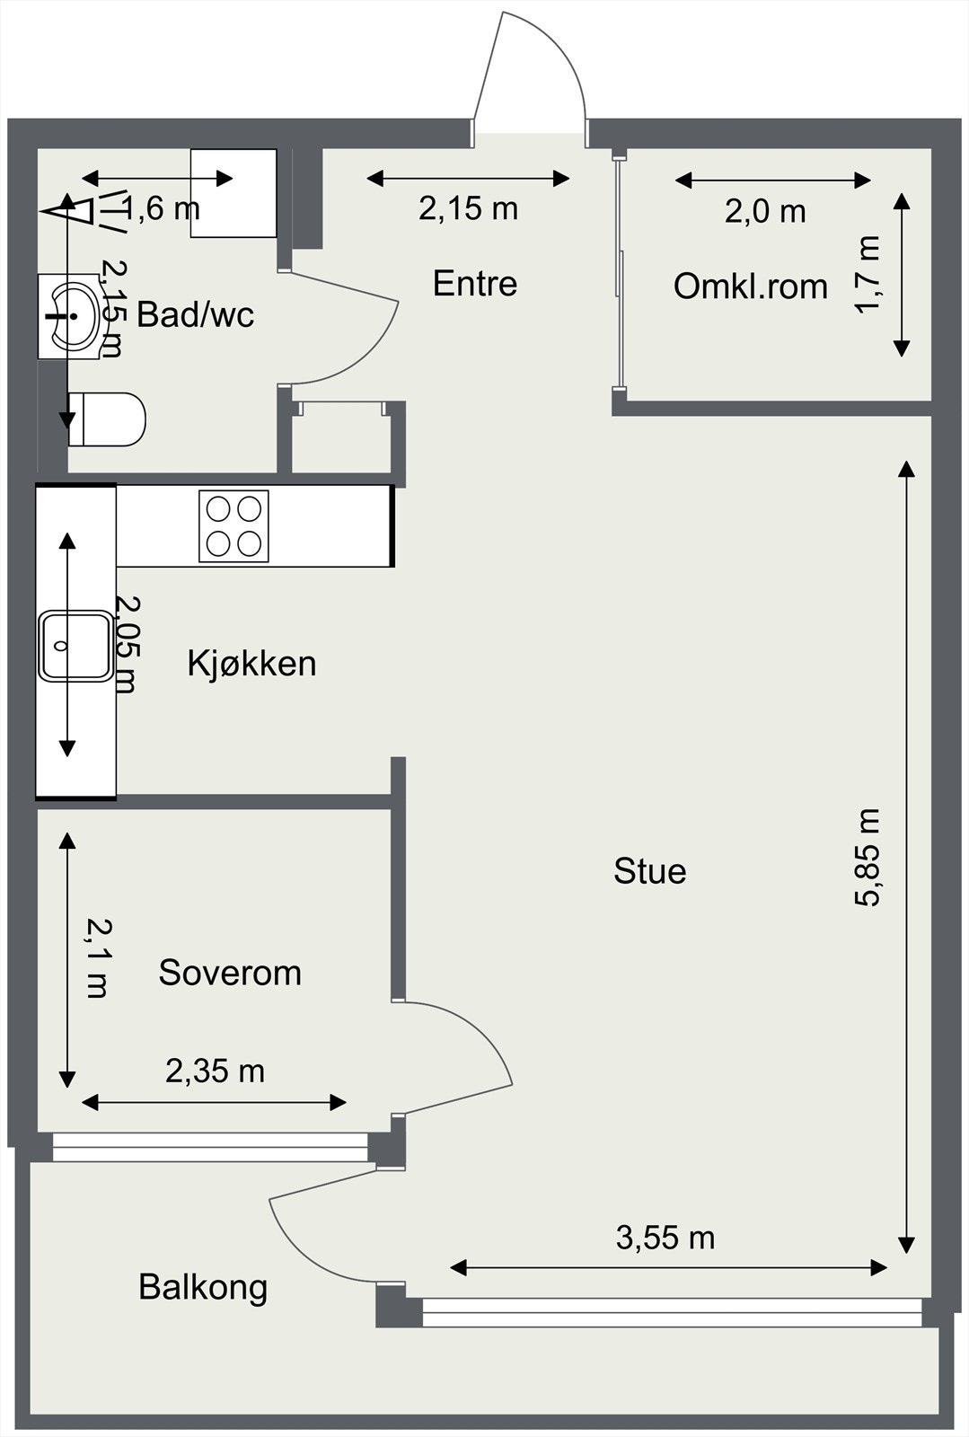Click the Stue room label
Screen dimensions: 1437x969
coord(649,871)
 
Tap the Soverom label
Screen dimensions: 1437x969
coord(230,973)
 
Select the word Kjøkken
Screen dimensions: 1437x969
coord(251,664)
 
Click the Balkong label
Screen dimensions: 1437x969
coord(203,1287)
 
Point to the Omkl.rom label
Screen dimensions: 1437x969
coord(750,287)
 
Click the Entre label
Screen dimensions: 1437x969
coord(475,284)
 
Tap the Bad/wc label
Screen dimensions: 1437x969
coord(196,314)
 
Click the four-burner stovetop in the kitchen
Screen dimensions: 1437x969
coord(233,526)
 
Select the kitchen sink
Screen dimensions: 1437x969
coord(75,646)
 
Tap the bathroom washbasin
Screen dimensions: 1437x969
coord(70,316)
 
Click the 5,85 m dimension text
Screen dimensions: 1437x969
coord(868,858)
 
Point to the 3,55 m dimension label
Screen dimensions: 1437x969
coord(665,1239)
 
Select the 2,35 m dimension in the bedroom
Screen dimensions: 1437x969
coord(216,1071)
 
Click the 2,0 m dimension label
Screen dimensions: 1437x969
coord(765,212)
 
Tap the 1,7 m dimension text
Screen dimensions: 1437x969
coord(868,274)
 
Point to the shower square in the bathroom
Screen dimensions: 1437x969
coord(233,193)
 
